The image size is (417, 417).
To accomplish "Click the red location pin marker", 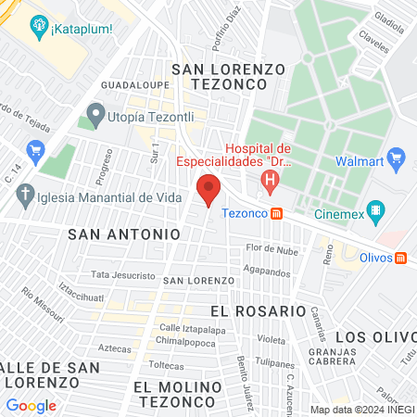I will [x=209, y=189].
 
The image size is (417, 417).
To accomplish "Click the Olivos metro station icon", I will [x=399, y=258].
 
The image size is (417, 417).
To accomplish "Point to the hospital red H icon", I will [x=270, y=183].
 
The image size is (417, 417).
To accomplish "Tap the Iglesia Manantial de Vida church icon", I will [x=25, y=196].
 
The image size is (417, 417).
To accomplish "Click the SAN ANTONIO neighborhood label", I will [x=123, y=235].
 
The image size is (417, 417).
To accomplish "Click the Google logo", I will [x=31, y=405].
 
